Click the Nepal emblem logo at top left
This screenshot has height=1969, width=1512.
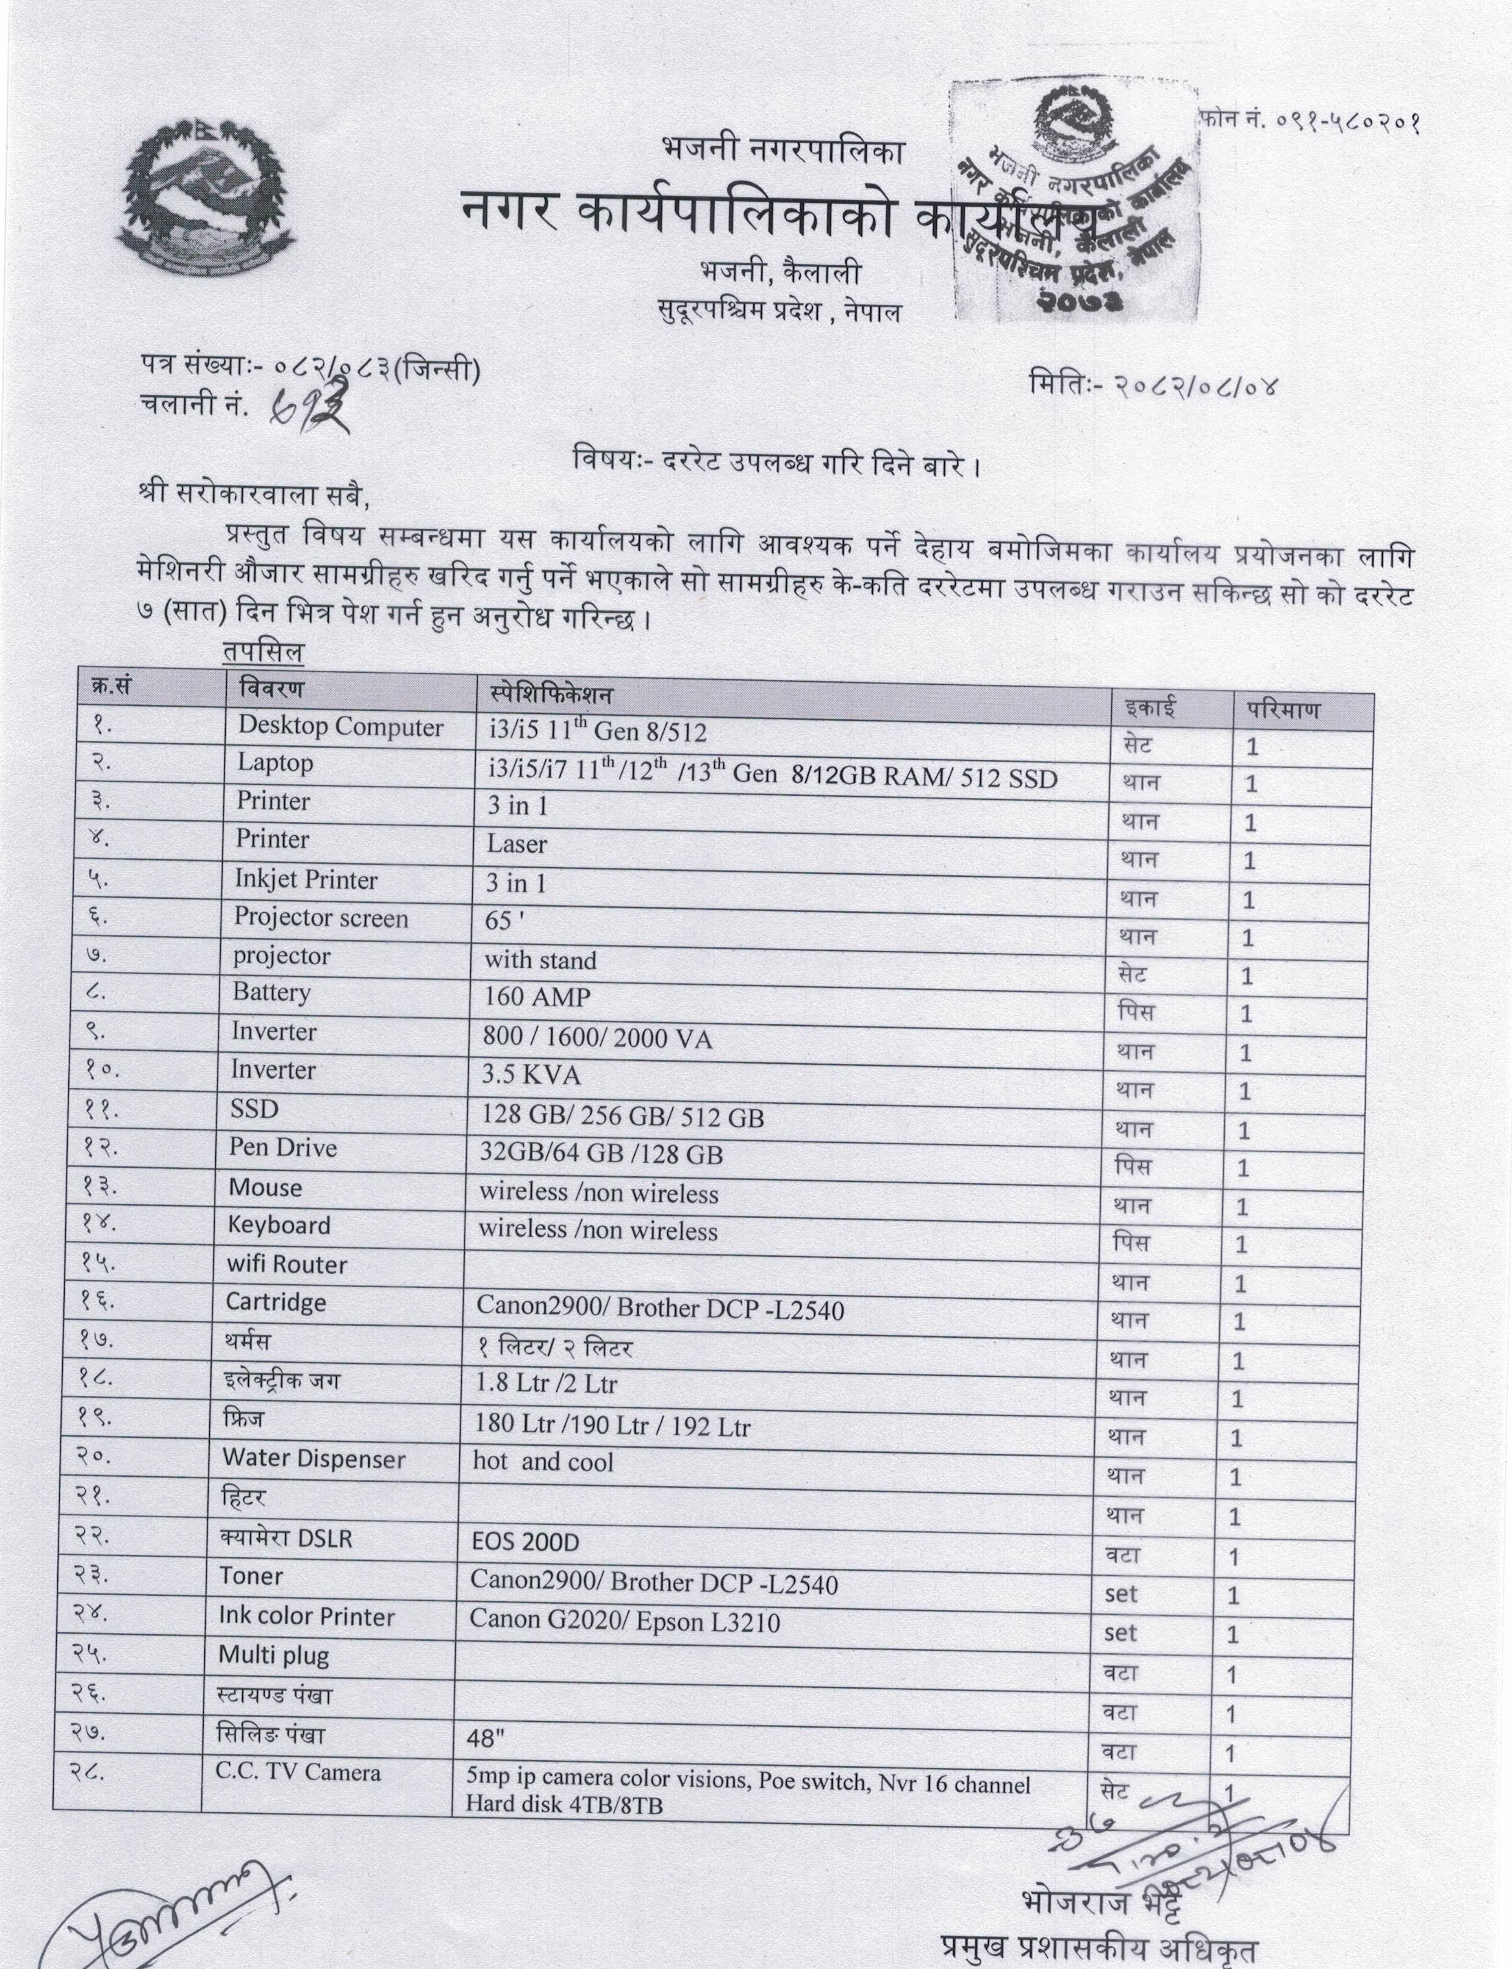click(x=205, y=200)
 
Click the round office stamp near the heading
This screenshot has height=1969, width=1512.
click(x=1075, y=202)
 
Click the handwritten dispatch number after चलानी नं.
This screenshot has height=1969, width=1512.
click(x=310, y=408)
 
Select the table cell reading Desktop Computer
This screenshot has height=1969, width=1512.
click(x=340, y=727)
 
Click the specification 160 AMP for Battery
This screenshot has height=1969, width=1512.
click(x=537, y=997)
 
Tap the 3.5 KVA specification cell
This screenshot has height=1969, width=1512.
click(x=532, y=1076)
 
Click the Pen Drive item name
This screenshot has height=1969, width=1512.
click(x=282, y=1148)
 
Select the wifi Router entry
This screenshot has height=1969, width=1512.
click(x=286, y=1264)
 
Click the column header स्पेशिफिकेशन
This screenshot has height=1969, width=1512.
click(x=551, y=694)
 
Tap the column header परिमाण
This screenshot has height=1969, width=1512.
click(x=1283, y=710)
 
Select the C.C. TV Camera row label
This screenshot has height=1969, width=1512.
click(x=297, y=1772)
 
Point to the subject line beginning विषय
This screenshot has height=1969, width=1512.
click(x=776, y=465)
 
